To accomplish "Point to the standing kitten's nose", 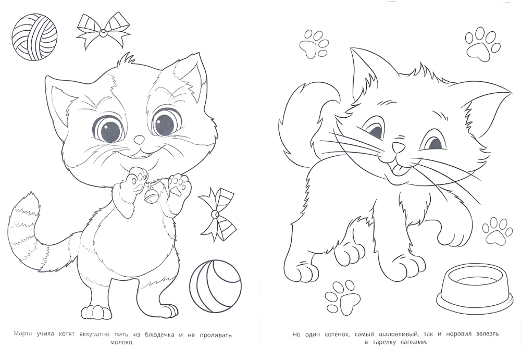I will (x=139, y=140).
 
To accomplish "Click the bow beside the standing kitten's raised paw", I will (x=216, y=213).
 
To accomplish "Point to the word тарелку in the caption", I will (x=386, y=343).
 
